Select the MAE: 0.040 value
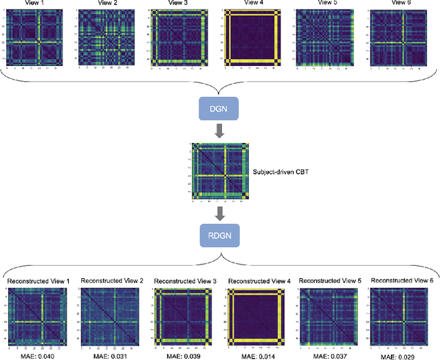tap(36, 355)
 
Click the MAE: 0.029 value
tap(402, 355)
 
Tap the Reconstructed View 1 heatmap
tap(37, 316)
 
